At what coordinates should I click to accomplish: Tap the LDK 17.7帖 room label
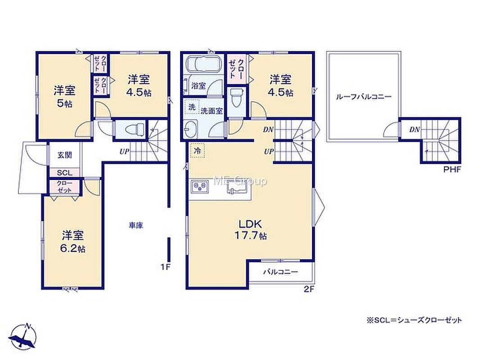click(250, 229)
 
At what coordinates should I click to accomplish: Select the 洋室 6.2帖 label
click(73, 242)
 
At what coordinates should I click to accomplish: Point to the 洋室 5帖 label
click(64, 96)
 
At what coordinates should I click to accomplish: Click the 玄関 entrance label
click(65, 155)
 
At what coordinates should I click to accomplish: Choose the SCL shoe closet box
click(64, 172)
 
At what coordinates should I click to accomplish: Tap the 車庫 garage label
click(136, 226)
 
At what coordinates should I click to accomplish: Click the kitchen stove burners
click(200, 187)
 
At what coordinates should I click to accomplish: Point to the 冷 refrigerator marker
click(198, 151)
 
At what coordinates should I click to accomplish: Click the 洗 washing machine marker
click(192, 107)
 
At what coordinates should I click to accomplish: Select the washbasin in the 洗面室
click(191, 128)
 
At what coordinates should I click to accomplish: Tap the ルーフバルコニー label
click(363, 97)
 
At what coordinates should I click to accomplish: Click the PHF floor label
click(452, 170)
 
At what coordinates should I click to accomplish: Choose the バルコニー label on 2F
click(281, 272)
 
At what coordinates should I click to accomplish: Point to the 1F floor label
click(166, 267)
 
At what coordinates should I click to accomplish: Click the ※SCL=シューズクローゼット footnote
click(414, 320)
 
